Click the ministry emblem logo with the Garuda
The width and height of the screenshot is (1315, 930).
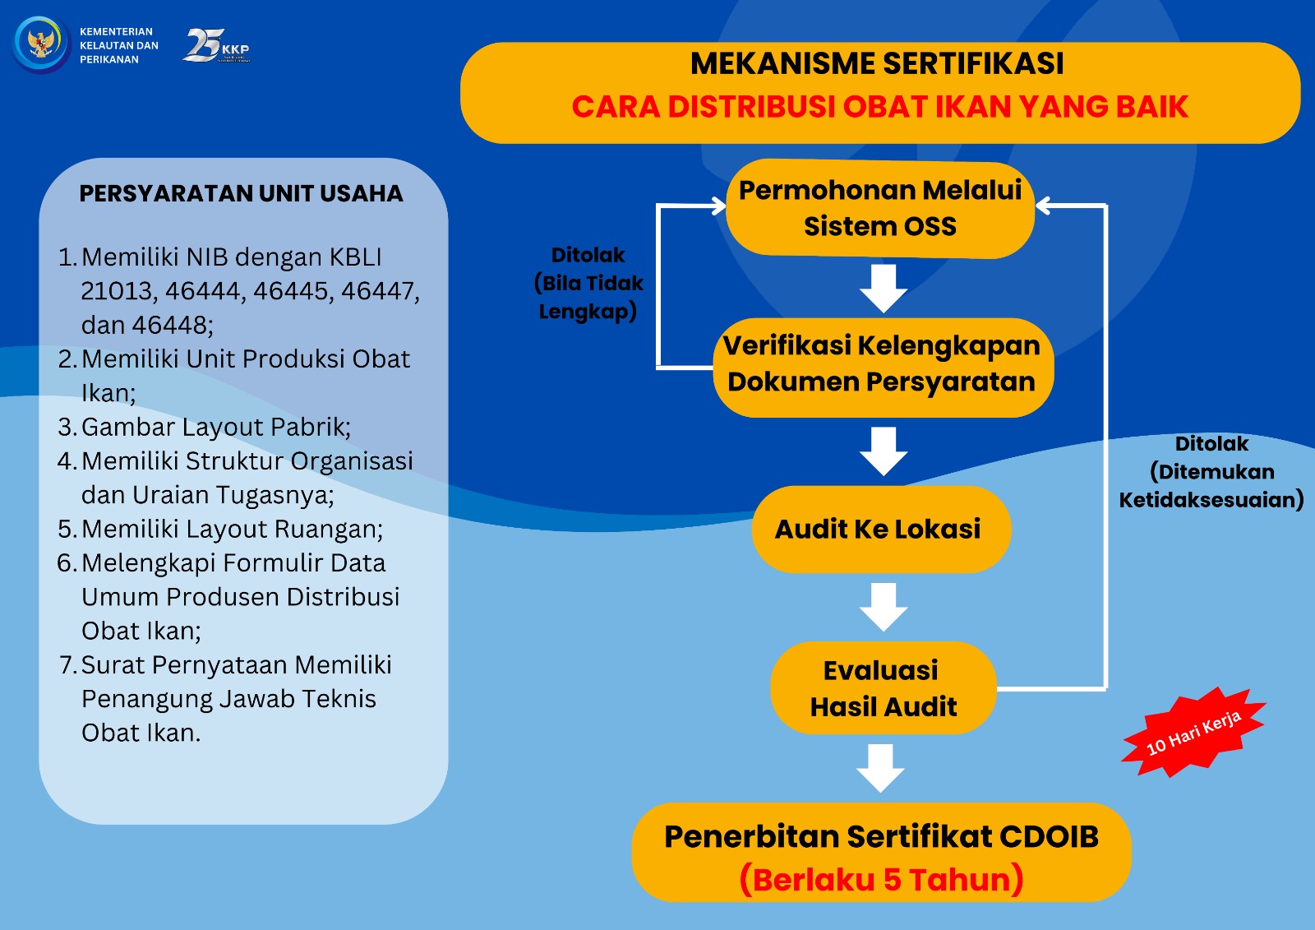(41, 44)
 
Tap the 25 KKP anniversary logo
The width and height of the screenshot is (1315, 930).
(217, 46)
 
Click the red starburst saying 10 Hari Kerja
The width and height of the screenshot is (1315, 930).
(1193, 732)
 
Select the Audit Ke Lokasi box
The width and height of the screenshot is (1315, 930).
(881, 529)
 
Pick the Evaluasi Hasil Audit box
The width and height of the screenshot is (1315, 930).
(884, 688)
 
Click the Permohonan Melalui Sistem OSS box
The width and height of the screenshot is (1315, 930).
(880, 209)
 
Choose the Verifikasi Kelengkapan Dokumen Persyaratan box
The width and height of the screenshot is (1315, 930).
(883, 368)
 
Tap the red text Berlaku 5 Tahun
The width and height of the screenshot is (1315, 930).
(881, 880)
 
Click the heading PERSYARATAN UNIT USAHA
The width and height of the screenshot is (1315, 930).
(242, 193)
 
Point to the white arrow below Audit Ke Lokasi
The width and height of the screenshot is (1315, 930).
(884, 607)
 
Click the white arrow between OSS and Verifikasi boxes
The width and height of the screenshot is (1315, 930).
(884, 289)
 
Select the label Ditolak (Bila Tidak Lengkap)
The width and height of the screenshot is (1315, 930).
(588, 283)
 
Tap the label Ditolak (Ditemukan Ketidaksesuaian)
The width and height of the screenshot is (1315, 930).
(1211, 472)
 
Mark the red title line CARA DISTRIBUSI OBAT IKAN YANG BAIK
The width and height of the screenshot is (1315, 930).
(880, 106)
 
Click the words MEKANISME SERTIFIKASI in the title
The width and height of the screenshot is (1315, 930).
(877, 63)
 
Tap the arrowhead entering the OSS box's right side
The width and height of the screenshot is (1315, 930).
(1041, 206)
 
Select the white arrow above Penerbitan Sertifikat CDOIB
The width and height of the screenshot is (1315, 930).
(880, 769)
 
